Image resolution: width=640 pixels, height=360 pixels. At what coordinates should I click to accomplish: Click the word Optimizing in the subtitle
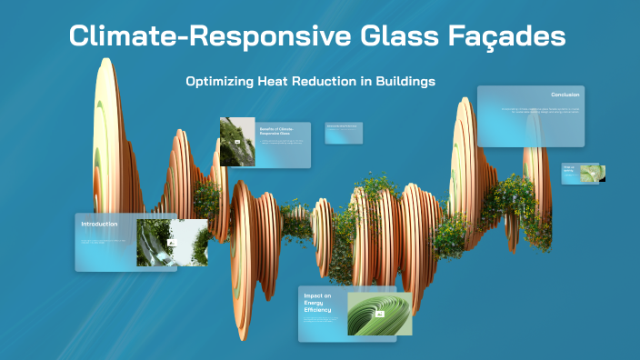(x=218, y=81)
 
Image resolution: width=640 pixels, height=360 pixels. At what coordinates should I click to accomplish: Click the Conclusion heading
(x=565, y=95)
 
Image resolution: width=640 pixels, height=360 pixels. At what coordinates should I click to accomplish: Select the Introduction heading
(x=99, y=224)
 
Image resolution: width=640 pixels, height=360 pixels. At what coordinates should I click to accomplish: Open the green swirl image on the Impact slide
(x=379, y=313)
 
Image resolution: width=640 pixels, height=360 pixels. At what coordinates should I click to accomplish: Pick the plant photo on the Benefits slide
(x=236, y=141)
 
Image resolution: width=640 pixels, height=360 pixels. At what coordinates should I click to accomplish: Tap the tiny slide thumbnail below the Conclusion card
(x=581, y=173)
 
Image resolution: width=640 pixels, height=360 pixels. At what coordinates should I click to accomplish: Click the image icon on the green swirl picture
(x=379, y=313)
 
